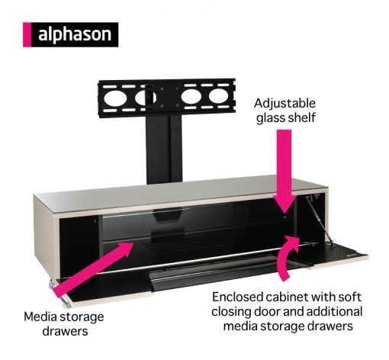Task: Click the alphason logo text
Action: (75, 34)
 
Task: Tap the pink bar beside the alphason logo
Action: (27, 34)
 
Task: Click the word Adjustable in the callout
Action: (285, 104)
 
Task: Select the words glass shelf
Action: (286, 118)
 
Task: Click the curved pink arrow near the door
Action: (288, 257)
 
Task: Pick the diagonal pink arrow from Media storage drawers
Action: (93, 269)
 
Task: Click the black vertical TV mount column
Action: (164, 149)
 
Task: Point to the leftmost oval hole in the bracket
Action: (115, 98)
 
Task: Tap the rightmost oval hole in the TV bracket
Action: (218, 96)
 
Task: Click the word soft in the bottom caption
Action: (350, 297)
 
